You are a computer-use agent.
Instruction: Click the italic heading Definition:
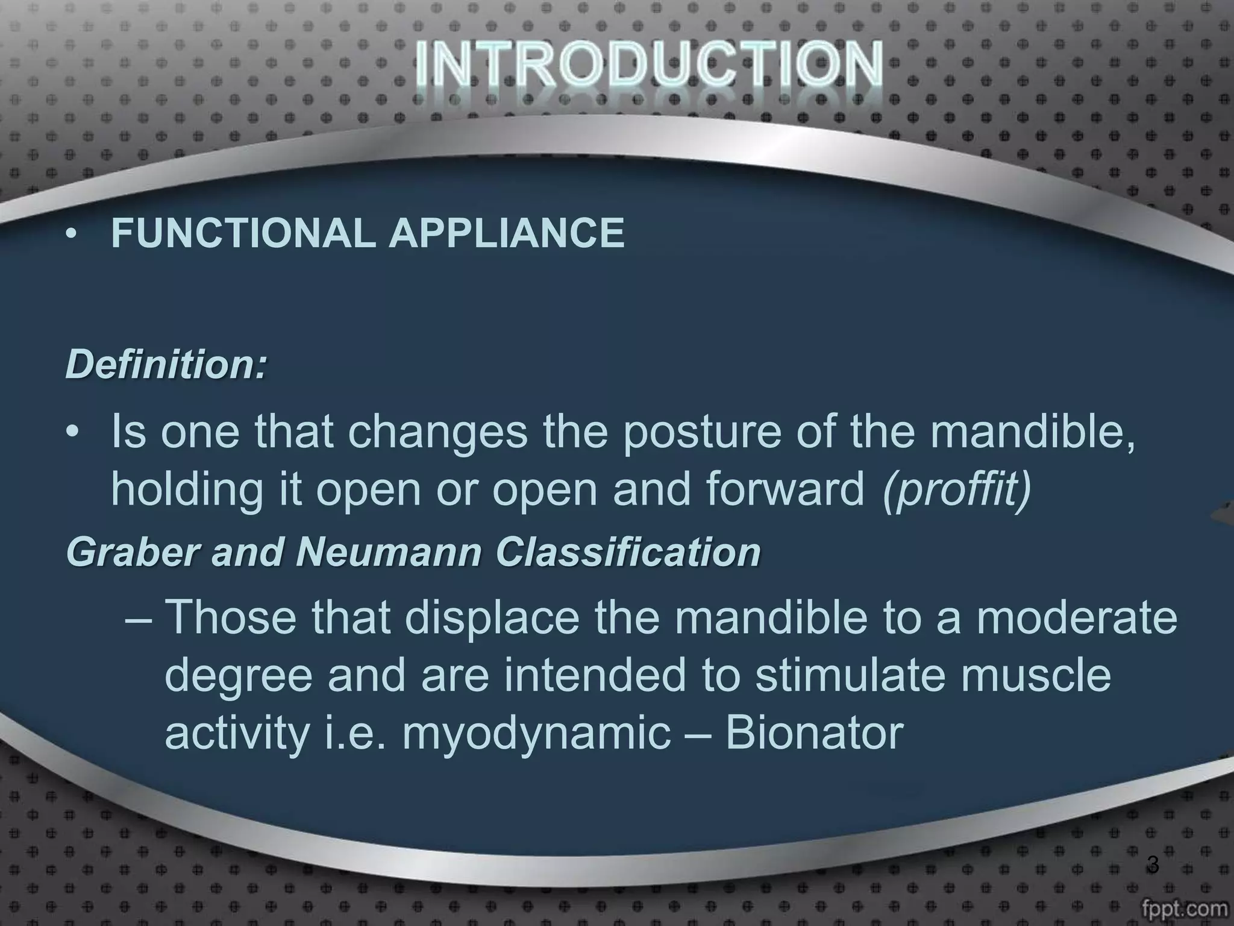tap(166, 365)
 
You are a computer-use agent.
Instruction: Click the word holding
tap(187, 490)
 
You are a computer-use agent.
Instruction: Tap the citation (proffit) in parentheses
tap(957, 490)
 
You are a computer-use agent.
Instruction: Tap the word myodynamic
tap(536, 734)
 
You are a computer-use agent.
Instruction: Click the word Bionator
tap(814, 734)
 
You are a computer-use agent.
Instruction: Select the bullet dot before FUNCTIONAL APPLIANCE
tap(72, 235)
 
